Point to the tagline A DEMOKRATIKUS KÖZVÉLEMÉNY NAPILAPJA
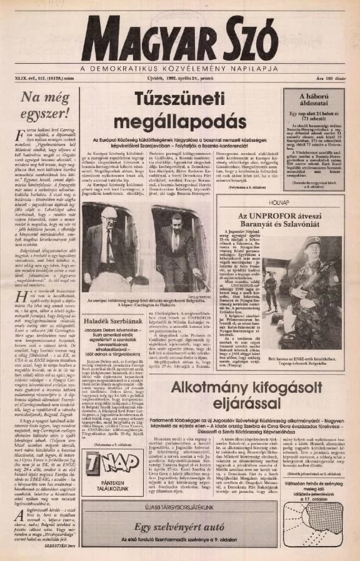pos(179,67)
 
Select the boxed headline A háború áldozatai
pos(311,97)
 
